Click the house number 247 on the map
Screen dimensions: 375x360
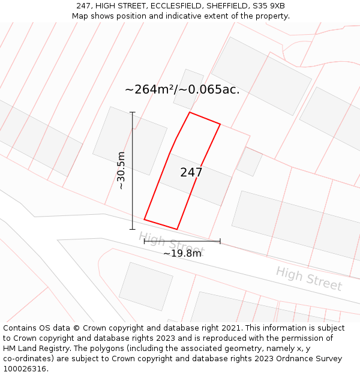pyautogui.click(x=191, y=173)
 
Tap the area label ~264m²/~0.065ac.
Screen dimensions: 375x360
pyautogui.click(x=182, y=90)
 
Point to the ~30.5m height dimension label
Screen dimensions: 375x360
pyautogui.click(x=121, y=170)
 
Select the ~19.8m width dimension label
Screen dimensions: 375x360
pyautogui.click(x=182, y=253)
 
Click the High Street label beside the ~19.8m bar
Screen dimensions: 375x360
pyautogui.click(x=171, y=243)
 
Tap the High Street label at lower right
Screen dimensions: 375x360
pyautogui.click(x=308, y=278)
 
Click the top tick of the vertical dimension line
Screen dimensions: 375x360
pyautogui.click(x=133, y=112)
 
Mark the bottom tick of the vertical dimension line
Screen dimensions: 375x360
pyautogui.click(x=133, y=229)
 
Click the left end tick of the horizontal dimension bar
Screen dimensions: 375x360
pyautogui.click(x=145, y=241)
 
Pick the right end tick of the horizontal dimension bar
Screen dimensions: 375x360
pyautogui.click(x=220, y=241)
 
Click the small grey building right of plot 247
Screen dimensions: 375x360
pyautogui.click(x=249, y=161)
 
